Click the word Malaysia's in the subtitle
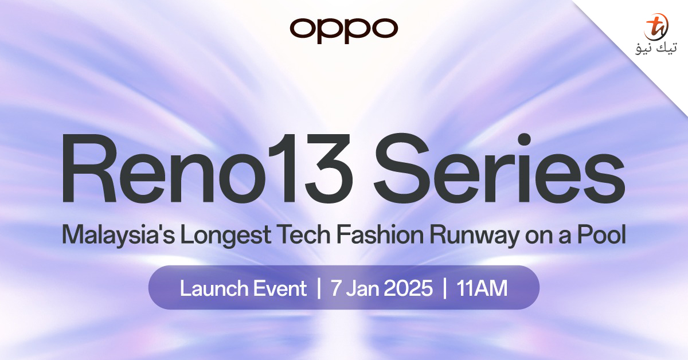(117, 236)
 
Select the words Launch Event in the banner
(243, 288)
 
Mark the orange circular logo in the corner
(655, 26)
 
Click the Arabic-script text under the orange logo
(655, 51)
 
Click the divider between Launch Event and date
(319, 288)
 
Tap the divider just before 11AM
(445, 288)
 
